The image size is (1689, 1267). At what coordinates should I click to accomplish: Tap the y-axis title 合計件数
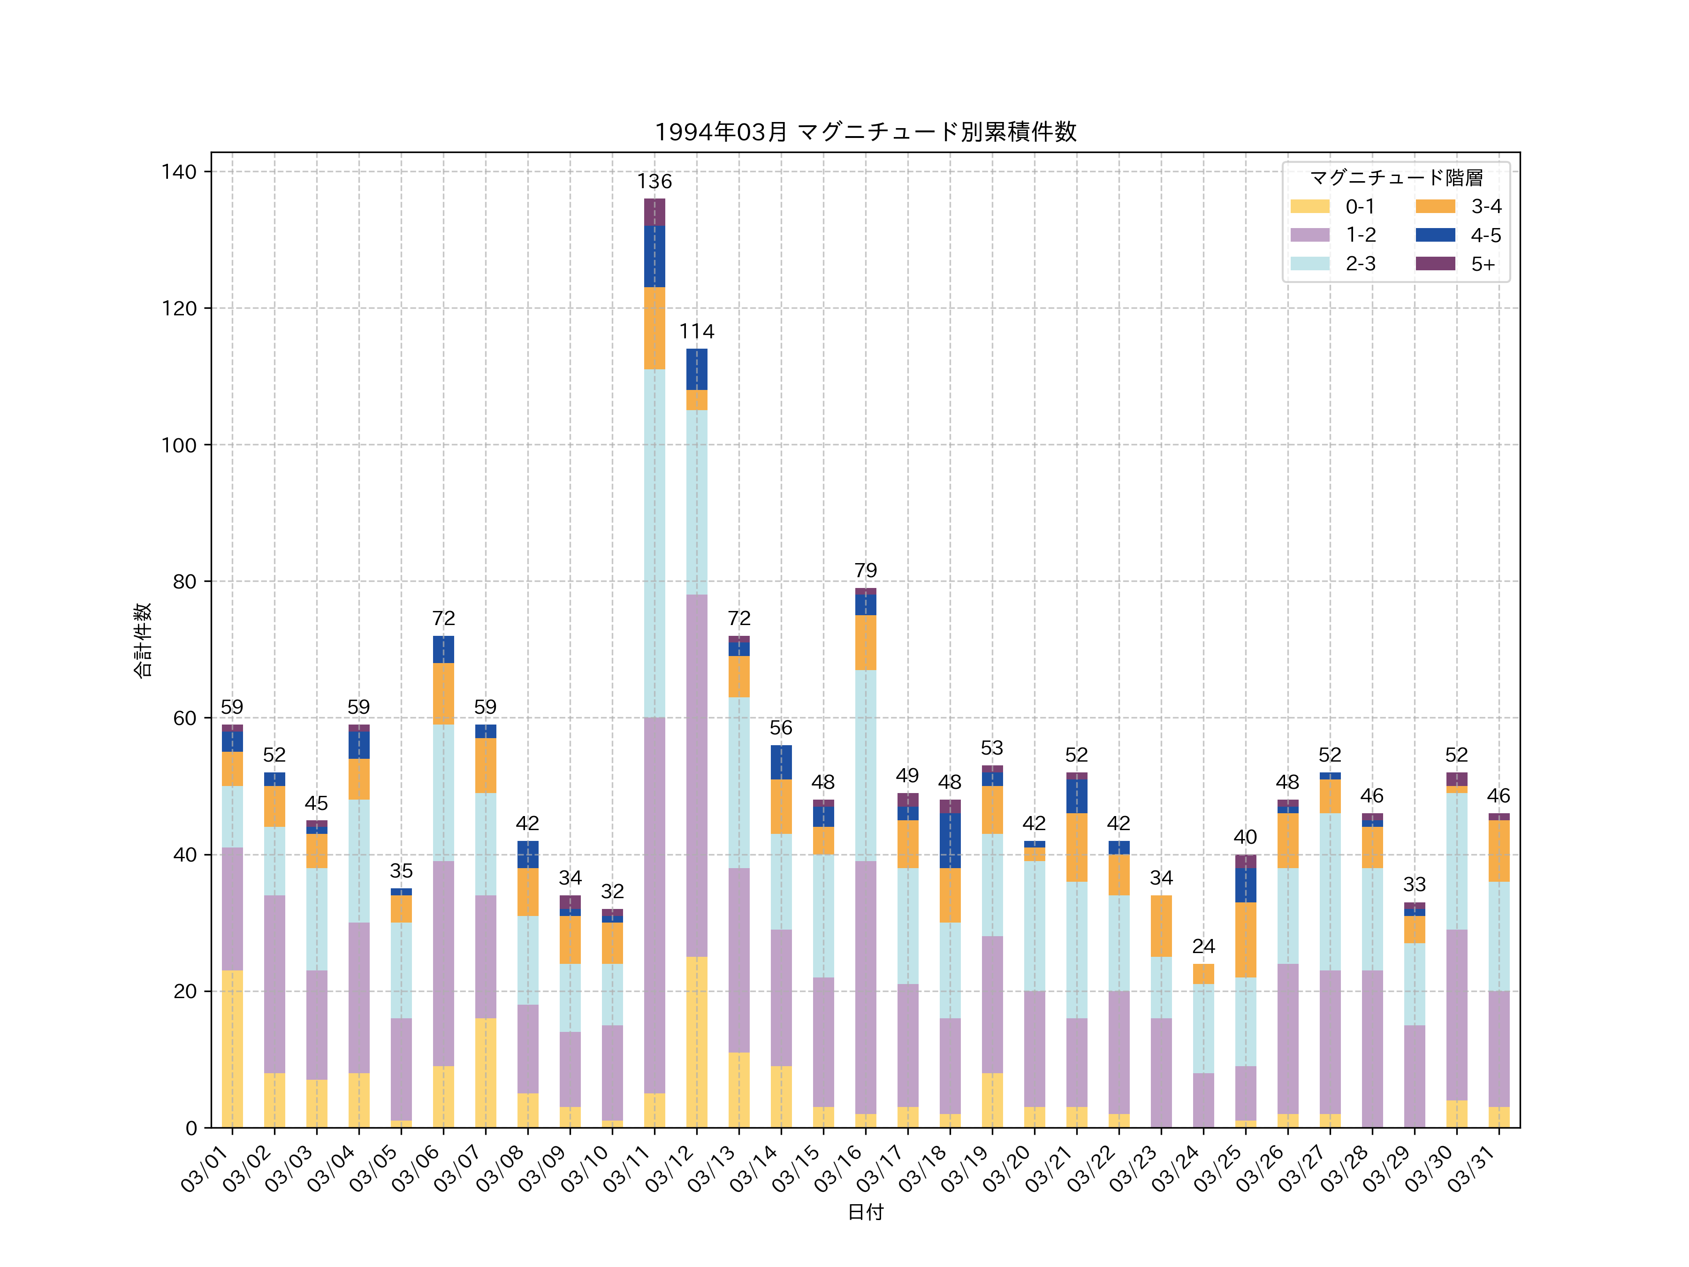pos(143,640)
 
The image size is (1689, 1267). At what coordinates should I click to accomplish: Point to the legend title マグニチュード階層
pos(1396,178)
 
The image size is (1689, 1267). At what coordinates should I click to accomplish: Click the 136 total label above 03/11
pos(654,182)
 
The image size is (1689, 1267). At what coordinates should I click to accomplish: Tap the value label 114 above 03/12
pos(696,331)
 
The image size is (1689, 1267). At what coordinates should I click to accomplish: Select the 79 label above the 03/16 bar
pos(865,571)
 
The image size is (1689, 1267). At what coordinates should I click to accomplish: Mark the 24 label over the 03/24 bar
pos(1203,946)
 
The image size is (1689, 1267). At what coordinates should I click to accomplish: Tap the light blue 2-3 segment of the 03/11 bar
pos(654,543)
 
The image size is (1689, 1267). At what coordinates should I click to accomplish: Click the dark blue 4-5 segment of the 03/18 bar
pos(950,840)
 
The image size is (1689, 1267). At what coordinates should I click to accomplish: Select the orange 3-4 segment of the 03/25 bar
pos(1245,939)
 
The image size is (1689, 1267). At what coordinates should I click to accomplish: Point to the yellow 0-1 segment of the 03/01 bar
pos(232,1049)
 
